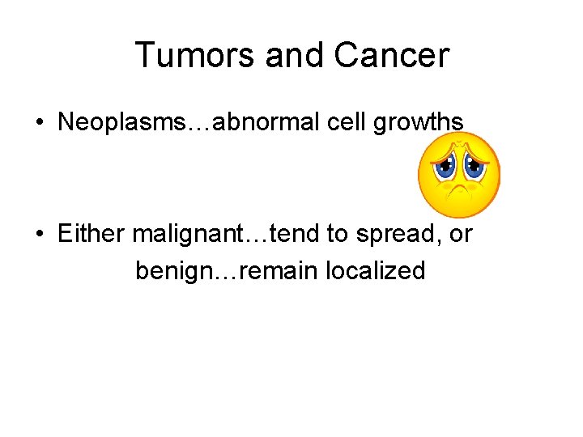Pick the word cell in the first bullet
point(341,122)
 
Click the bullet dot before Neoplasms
point(39,123)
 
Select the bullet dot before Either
point(39,235)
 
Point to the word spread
point(393,234)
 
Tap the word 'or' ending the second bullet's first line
point(459,234)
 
